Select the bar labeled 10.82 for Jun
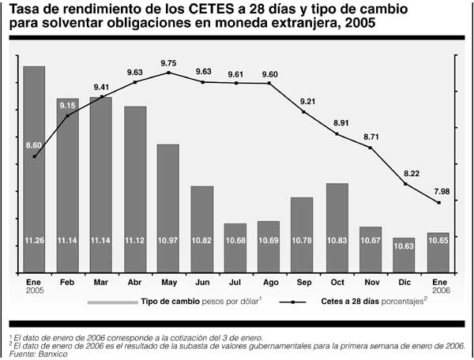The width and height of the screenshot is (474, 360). (201, 229)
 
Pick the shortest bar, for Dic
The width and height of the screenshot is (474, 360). (404, 255)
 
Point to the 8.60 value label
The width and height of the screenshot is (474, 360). (34, 145)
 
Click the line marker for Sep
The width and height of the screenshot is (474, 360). (303, 112)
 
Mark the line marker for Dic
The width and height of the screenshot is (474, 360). (404, 184)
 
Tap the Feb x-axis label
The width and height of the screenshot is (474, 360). (66, 281)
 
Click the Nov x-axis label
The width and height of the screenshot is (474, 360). (371, 281)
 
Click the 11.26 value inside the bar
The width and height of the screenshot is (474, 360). (33, 240)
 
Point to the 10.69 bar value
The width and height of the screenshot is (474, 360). (269, 240)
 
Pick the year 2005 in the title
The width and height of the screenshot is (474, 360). (359, 24)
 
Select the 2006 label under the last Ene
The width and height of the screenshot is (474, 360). (438, 290)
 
